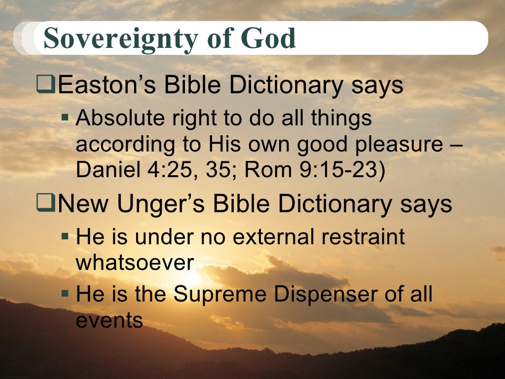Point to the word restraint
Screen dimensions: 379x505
pos(365,237)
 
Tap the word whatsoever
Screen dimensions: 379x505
pos(134,263)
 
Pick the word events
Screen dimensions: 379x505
pos(109,320)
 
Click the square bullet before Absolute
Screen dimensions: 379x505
pos(65,119)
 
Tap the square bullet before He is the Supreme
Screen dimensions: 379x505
pos(65,294)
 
